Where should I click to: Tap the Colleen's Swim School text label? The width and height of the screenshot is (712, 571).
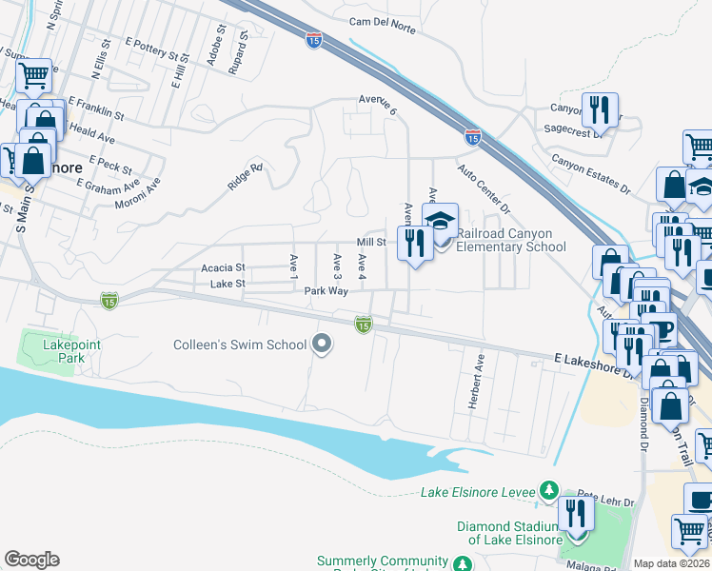[239, 345]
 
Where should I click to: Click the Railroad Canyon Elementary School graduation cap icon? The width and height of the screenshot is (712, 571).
[440, 221]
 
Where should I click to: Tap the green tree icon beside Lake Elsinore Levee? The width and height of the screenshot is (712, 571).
[548, 491]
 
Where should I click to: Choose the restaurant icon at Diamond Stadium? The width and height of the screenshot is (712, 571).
[575, 514]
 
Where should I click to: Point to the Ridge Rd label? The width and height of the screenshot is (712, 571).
[245, 178]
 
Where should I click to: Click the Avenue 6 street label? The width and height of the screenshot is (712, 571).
[377, 105]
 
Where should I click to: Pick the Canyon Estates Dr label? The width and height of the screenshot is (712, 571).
[591, 174]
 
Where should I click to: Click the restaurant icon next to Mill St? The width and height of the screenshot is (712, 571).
[414, 244]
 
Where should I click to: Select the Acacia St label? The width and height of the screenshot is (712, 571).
[223, 268]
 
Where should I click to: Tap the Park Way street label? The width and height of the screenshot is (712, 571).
[322, 291]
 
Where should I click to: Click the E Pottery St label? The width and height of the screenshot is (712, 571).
[151, 49]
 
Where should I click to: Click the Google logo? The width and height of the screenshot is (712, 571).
[31, 560]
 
